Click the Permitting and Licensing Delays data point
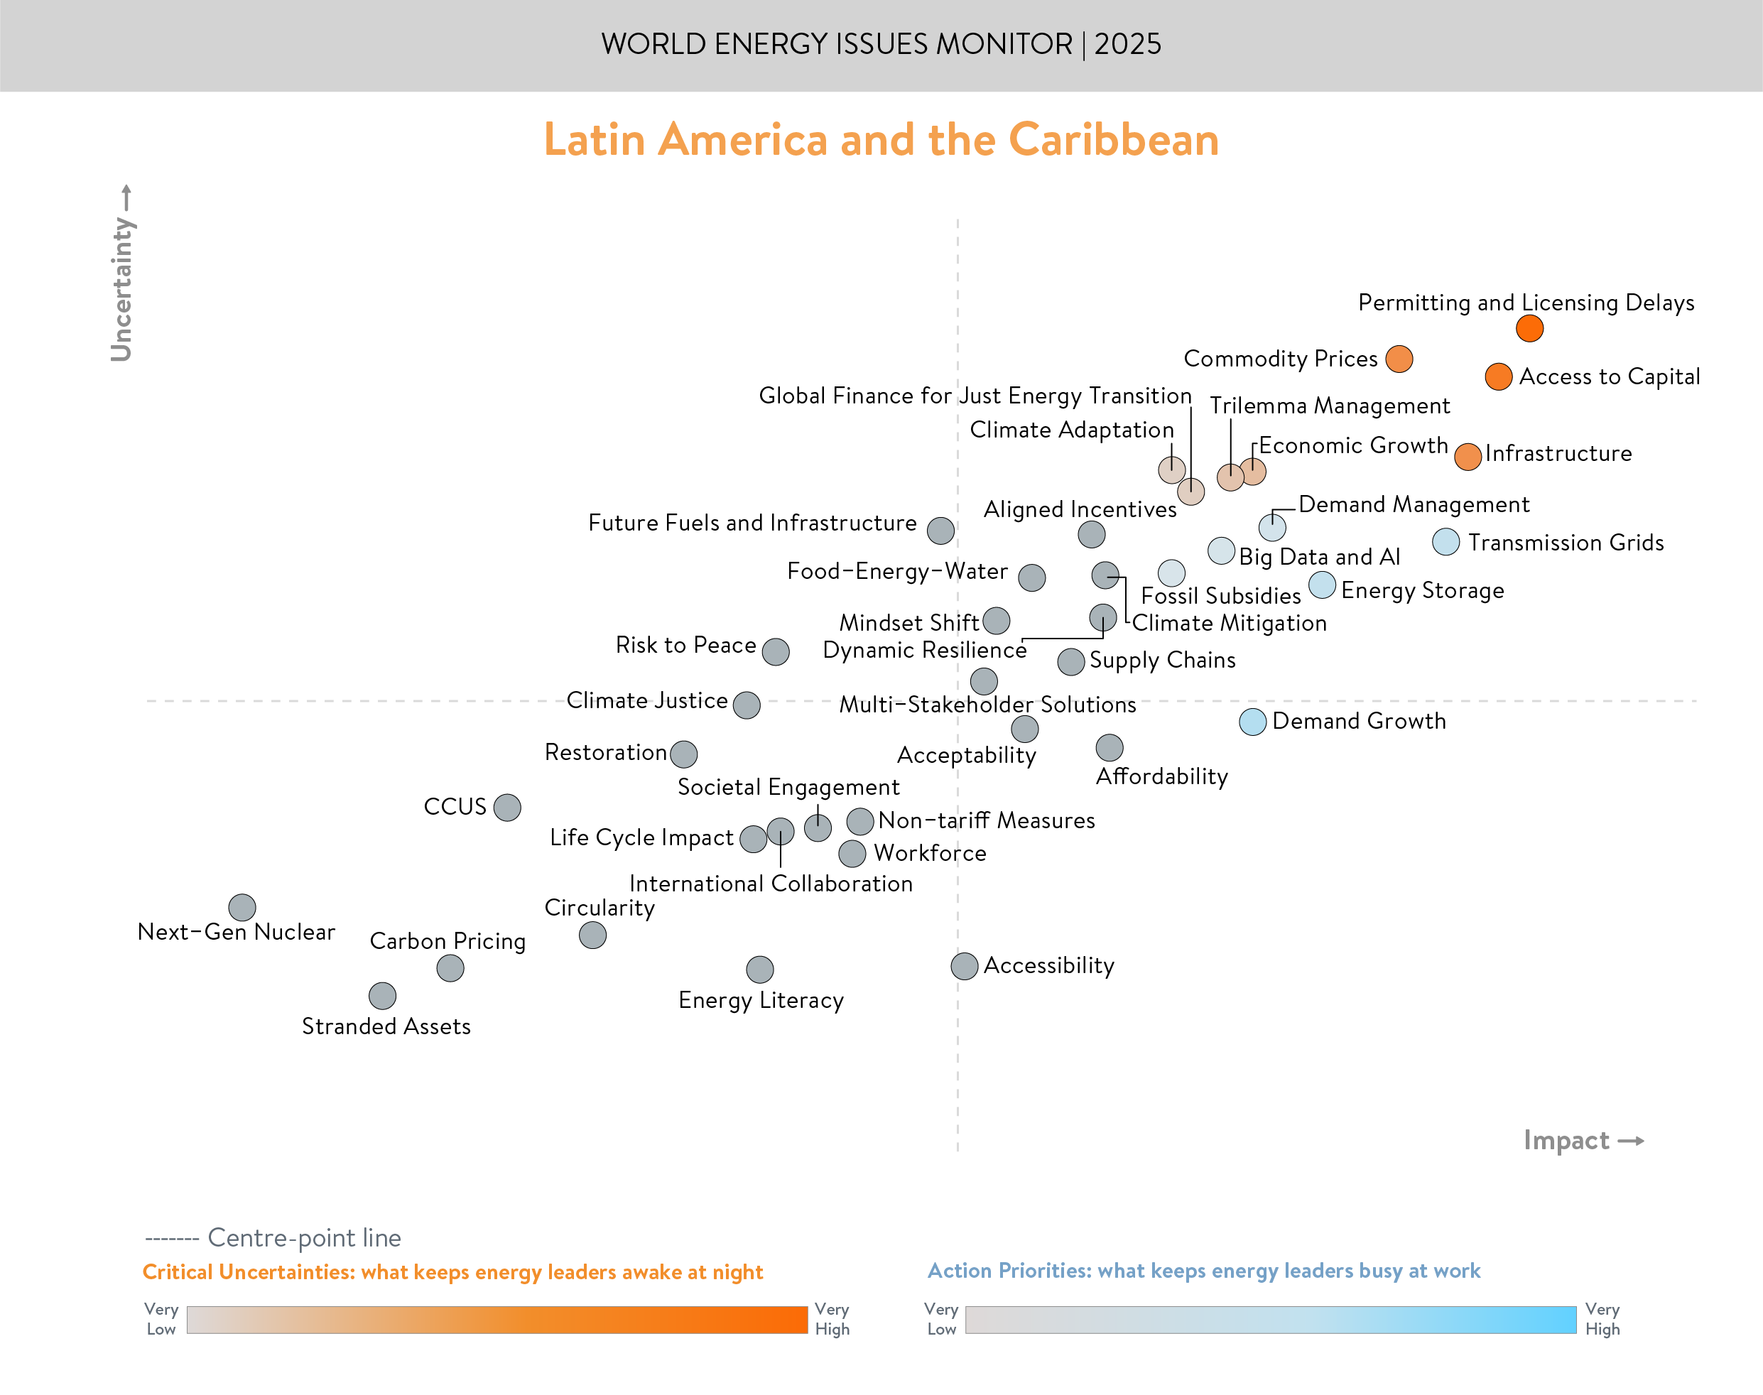[1529, 328]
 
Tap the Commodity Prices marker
[1398, 359]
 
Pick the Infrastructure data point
[1468, 457]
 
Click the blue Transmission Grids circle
[1445, 541]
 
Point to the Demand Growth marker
[1252, 722]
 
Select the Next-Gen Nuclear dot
[242, 906]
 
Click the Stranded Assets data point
[382, 996]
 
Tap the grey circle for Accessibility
[964, 966]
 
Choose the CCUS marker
[507, 807]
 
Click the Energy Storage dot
[1321, 585]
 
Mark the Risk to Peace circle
[775, 652]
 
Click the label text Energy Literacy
[760, 1001]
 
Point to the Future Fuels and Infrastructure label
[752, 523]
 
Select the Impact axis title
[1566, 1140]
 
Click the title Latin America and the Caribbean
[881, 140]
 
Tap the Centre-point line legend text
[304, 1238]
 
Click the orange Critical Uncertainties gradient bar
[497, 1320]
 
